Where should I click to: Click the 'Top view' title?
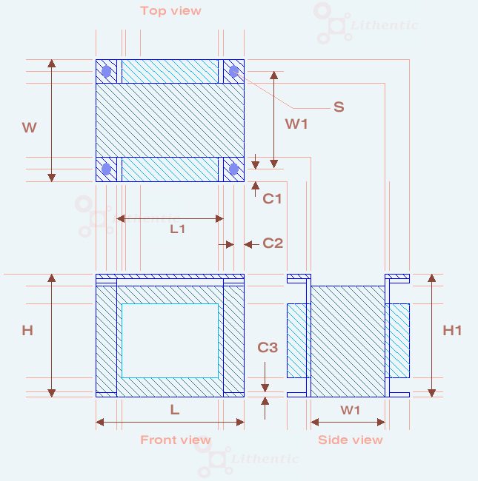pyautogui.click(x=170, y=11)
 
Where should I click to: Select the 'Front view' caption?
pyautogui.click(x=176, y=440)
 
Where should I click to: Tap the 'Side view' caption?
pyautogui.click(x=351, y=440)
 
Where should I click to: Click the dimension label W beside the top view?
pyautogui.click(x=29, y=128)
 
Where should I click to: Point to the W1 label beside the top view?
pyautogui.click(x=296, y=124)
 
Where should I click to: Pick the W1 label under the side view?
pyautogui.click(x=351, y=410)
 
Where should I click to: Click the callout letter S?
pyautogui.click(x=339, y=107)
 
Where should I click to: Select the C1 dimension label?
pyautogui.click(x=273, y=198)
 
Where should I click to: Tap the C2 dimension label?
pyautogui.click(x=273, y=243)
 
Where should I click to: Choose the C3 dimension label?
pyautogui.click(x=268, y=347)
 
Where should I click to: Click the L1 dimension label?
pyautogui.click(x=178, y=229)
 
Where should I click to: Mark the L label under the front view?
pyautogui.click(x=175, y=409)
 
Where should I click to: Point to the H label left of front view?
pyautogui.click(x=27, y=331)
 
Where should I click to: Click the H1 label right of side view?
pyautogui.click(x=452, y=331)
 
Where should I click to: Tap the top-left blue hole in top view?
pyautogui.click(x=107, y=72)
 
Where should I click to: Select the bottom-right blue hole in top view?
pyautogui.click(x=234, y=169)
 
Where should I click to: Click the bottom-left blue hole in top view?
pyautogui.click(x=107, y=169)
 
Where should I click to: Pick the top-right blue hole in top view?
pyautogui.click(x=234, y=71)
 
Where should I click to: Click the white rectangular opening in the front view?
pyautogui.click(x=170, y=340)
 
